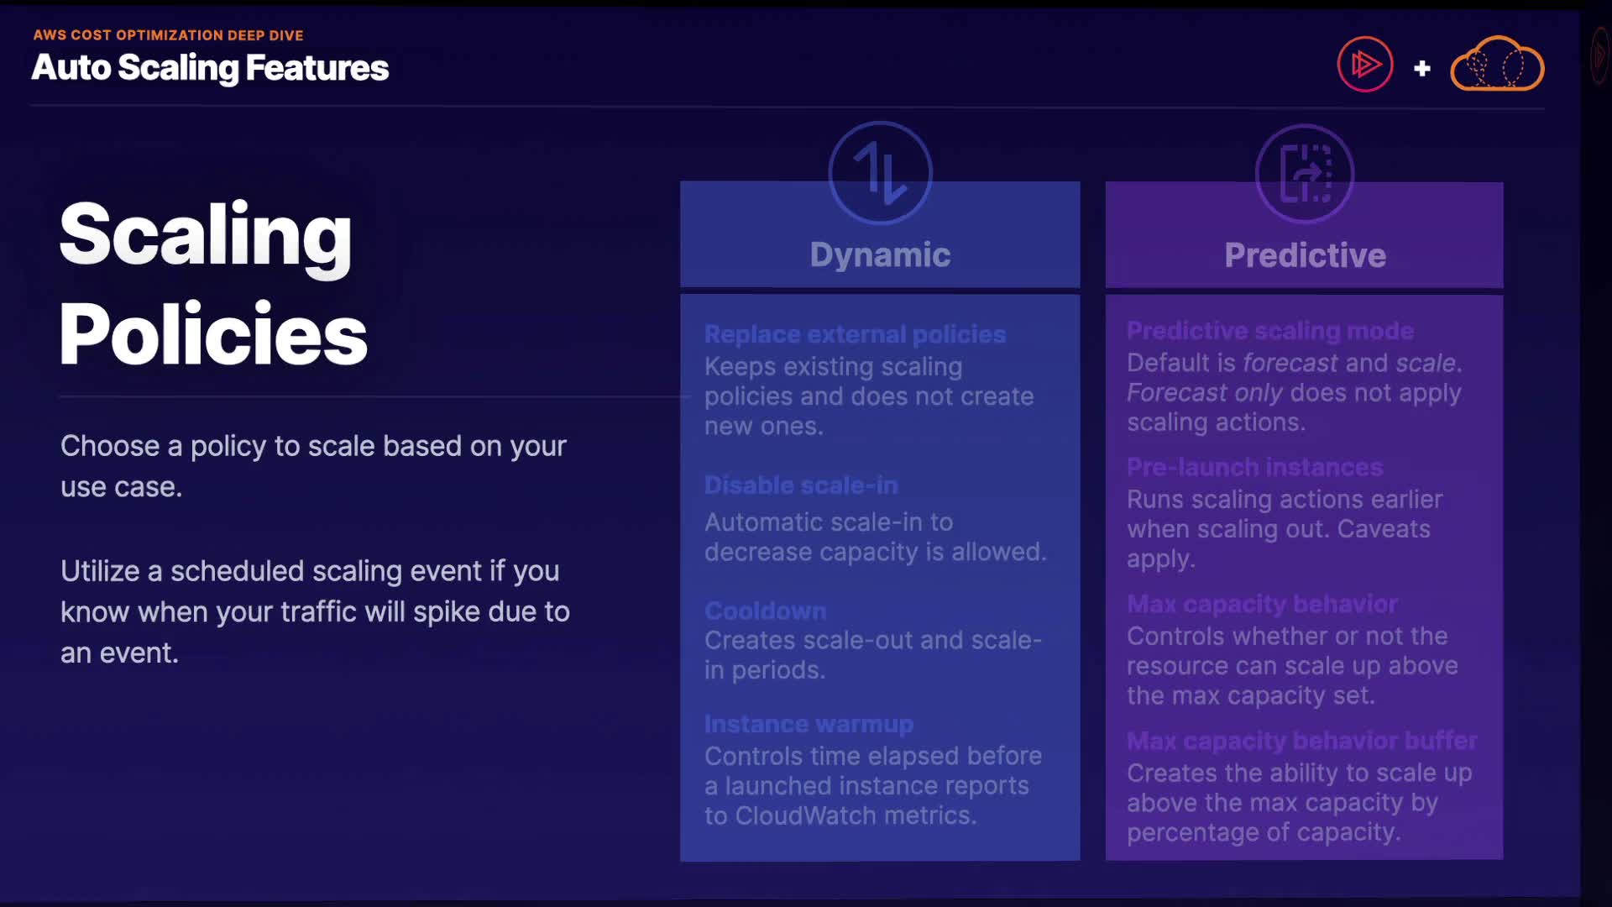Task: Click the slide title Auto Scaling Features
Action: coord(210,68)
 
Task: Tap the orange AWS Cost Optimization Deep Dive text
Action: coord(168,35)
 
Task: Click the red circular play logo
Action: coord(1365,65)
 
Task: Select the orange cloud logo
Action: coord(1497,64)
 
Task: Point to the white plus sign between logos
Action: coord(1421,68)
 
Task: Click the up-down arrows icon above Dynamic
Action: coord(880,173)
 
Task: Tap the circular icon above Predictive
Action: coord(1305,174)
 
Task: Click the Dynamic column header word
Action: coord(880,254)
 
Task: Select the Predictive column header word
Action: coord(1305,255)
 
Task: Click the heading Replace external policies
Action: coord(855,334)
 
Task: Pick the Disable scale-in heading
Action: coord(801,485)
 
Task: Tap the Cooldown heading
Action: coord(765,611)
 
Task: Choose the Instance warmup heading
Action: coord(809,724)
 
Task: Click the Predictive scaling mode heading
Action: coord(1270,331)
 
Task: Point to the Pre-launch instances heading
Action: coord(1254,467)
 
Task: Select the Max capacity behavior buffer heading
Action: coord(1301,741)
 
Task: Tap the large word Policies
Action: coord(213,333)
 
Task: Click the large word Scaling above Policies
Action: coord(206,235)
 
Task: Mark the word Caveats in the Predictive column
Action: coord(1384,529)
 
